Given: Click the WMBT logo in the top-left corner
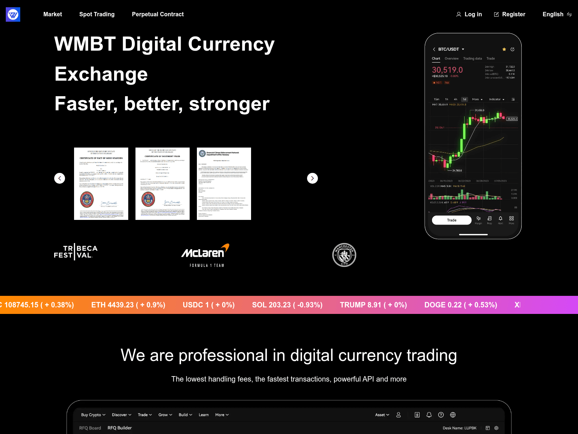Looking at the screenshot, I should tap(13, 14).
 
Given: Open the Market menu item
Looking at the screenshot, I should tap(53, 14).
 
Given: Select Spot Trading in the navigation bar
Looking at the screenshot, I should tap(97, 14).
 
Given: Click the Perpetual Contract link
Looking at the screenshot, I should tap(158, 14).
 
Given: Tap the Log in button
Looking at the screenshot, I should tap(469, 14).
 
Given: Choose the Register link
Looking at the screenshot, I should tap(510, 14).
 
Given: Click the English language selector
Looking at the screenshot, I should tap(557, 14).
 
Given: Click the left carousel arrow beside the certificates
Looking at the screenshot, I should tap(60, 178).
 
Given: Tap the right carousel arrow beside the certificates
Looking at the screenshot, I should tap(312, 178).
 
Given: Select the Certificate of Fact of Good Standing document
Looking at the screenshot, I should tap(101, 184).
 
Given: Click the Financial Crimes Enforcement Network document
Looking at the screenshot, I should tap(224, 184).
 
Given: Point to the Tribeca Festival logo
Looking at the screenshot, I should tap(76, 252).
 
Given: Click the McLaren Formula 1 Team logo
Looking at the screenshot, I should tap(205, 255).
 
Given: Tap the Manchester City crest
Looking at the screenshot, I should tap(344, 255).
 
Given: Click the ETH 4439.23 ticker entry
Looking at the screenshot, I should tap(128, 305).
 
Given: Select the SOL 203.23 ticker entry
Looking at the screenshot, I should tap(287, 305).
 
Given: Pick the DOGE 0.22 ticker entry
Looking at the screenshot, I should tap(461, 305).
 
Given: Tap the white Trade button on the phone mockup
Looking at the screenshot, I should tap(452, 220).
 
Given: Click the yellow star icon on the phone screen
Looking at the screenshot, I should tap(504, 49).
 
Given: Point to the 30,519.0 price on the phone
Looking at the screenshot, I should tap(447, 70).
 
